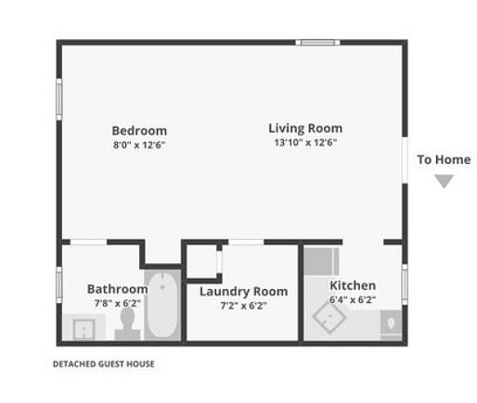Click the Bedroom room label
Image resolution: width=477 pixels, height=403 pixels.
[x=139, y=131]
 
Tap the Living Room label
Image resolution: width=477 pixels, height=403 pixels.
[x=305, y=129]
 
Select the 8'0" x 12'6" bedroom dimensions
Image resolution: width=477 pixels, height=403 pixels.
[x=139, y=145]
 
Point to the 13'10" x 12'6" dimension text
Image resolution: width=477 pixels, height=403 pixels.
[x=305, y=143]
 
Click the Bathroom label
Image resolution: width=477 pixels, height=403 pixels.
[x=118, y=289]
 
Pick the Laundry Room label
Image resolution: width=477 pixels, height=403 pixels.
[x=243, y=292]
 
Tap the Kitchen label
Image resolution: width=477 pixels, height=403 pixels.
[x=353, y=285]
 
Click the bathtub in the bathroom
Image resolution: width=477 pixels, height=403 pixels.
[x=162, y=305]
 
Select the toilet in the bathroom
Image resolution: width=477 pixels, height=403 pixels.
[x=127, y=323]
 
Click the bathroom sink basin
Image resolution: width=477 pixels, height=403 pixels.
[x=84, y=330]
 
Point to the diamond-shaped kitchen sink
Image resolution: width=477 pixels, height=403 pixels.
[x=329, y=318]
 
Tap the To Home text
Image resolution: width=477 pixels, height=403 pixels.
[x=444, y=159]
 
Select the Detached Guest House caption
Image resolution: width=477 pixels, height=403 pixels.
[x=104, y=364]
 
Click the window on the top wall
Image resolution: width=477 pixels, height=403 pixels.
[x=317, y=43]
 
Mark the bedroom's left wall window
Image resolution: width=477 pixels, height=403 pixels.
[x=59, y=99]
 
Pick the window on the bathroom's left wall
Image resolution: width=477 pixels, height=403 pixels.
[x=59, y=285]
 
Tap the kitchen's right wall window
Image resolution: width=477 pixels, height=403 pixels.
[x=405, y=284]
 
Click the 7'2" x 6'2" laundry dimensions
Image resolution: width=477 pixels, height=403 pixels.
[x=243, y=306]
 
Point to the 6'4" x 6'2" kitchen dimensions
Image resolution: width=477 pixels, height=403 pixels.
[x=353, y=299]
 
